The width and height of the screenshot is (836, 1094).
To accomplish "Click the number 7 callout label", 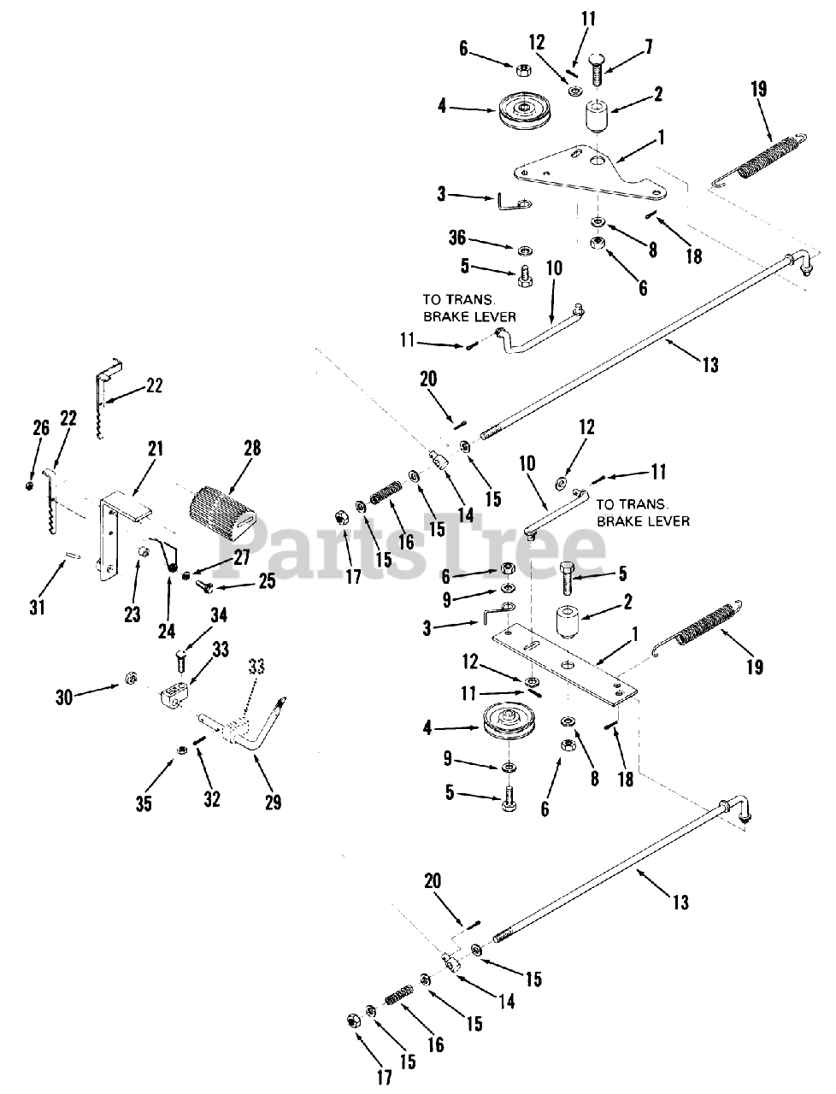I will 649,46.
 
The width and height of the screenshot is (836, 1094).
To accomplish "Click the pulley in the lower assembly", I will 510,724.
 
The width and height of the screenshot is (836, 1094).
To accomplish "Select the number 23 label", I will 132,614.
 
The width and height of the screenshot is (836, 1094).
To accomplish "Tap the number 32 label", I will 212,799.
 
